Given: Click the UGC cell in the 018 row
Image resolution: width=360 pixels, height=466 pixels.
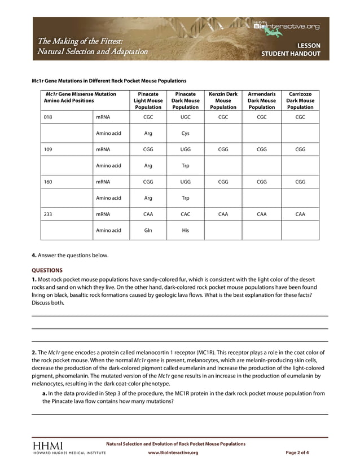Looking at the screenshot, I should (x=186, y=117).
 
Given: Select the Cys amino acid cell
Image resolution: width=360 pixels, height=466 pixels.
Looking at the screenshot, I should (x=186, y=134).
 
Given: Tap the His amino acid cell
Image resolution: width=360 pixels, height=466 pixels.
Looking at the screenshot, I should (x=186, y=230).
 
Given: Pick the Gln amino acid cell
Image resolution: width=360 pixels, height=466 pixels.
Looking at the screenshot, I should (x=148, y=230).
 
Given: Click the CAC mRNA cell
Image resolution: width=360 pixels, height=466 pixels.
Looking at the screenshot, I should (x=186, y=214).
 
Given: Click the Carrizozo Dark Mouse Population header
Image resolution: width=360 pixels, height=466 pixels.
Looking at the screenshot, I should (x=300, y=100).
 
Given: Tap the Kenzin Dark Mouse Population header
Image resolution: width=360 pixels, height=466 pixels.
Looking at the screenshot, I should (x=223, y=100).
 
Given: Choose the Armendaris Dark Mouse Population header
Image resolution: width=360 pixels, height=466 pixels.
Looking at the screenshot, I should (x=262, y=100).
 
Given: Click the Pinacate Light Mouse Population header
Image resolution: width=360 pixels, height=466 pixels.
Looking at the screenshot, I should (x=148, y=100).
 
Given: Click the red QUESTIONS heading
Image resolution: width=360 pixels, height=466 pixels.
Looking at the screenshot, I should (x=47, y=270).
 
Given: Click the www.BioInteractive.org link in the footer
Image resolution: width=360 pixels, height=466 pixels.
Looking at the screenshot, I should (x=173, y=452).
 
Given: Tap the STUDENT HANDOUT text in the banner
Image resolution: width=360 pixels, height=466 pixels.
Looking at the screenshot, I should (x=291, y=54).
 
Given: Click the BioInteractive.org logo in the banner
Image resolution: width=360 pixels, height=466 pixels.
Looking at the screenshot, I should (x=286, y=26).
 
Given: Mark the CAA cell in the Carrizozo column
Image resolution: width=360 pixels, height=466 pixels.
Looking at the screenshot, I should (x=300, y=214).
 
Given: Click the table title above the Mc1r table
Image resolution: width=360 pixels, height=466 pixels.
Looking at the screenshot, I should (x=109, y=81).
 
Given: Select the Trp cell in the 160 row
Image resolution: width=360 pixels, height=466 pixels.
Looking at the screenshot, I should (x=186, y=198).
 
